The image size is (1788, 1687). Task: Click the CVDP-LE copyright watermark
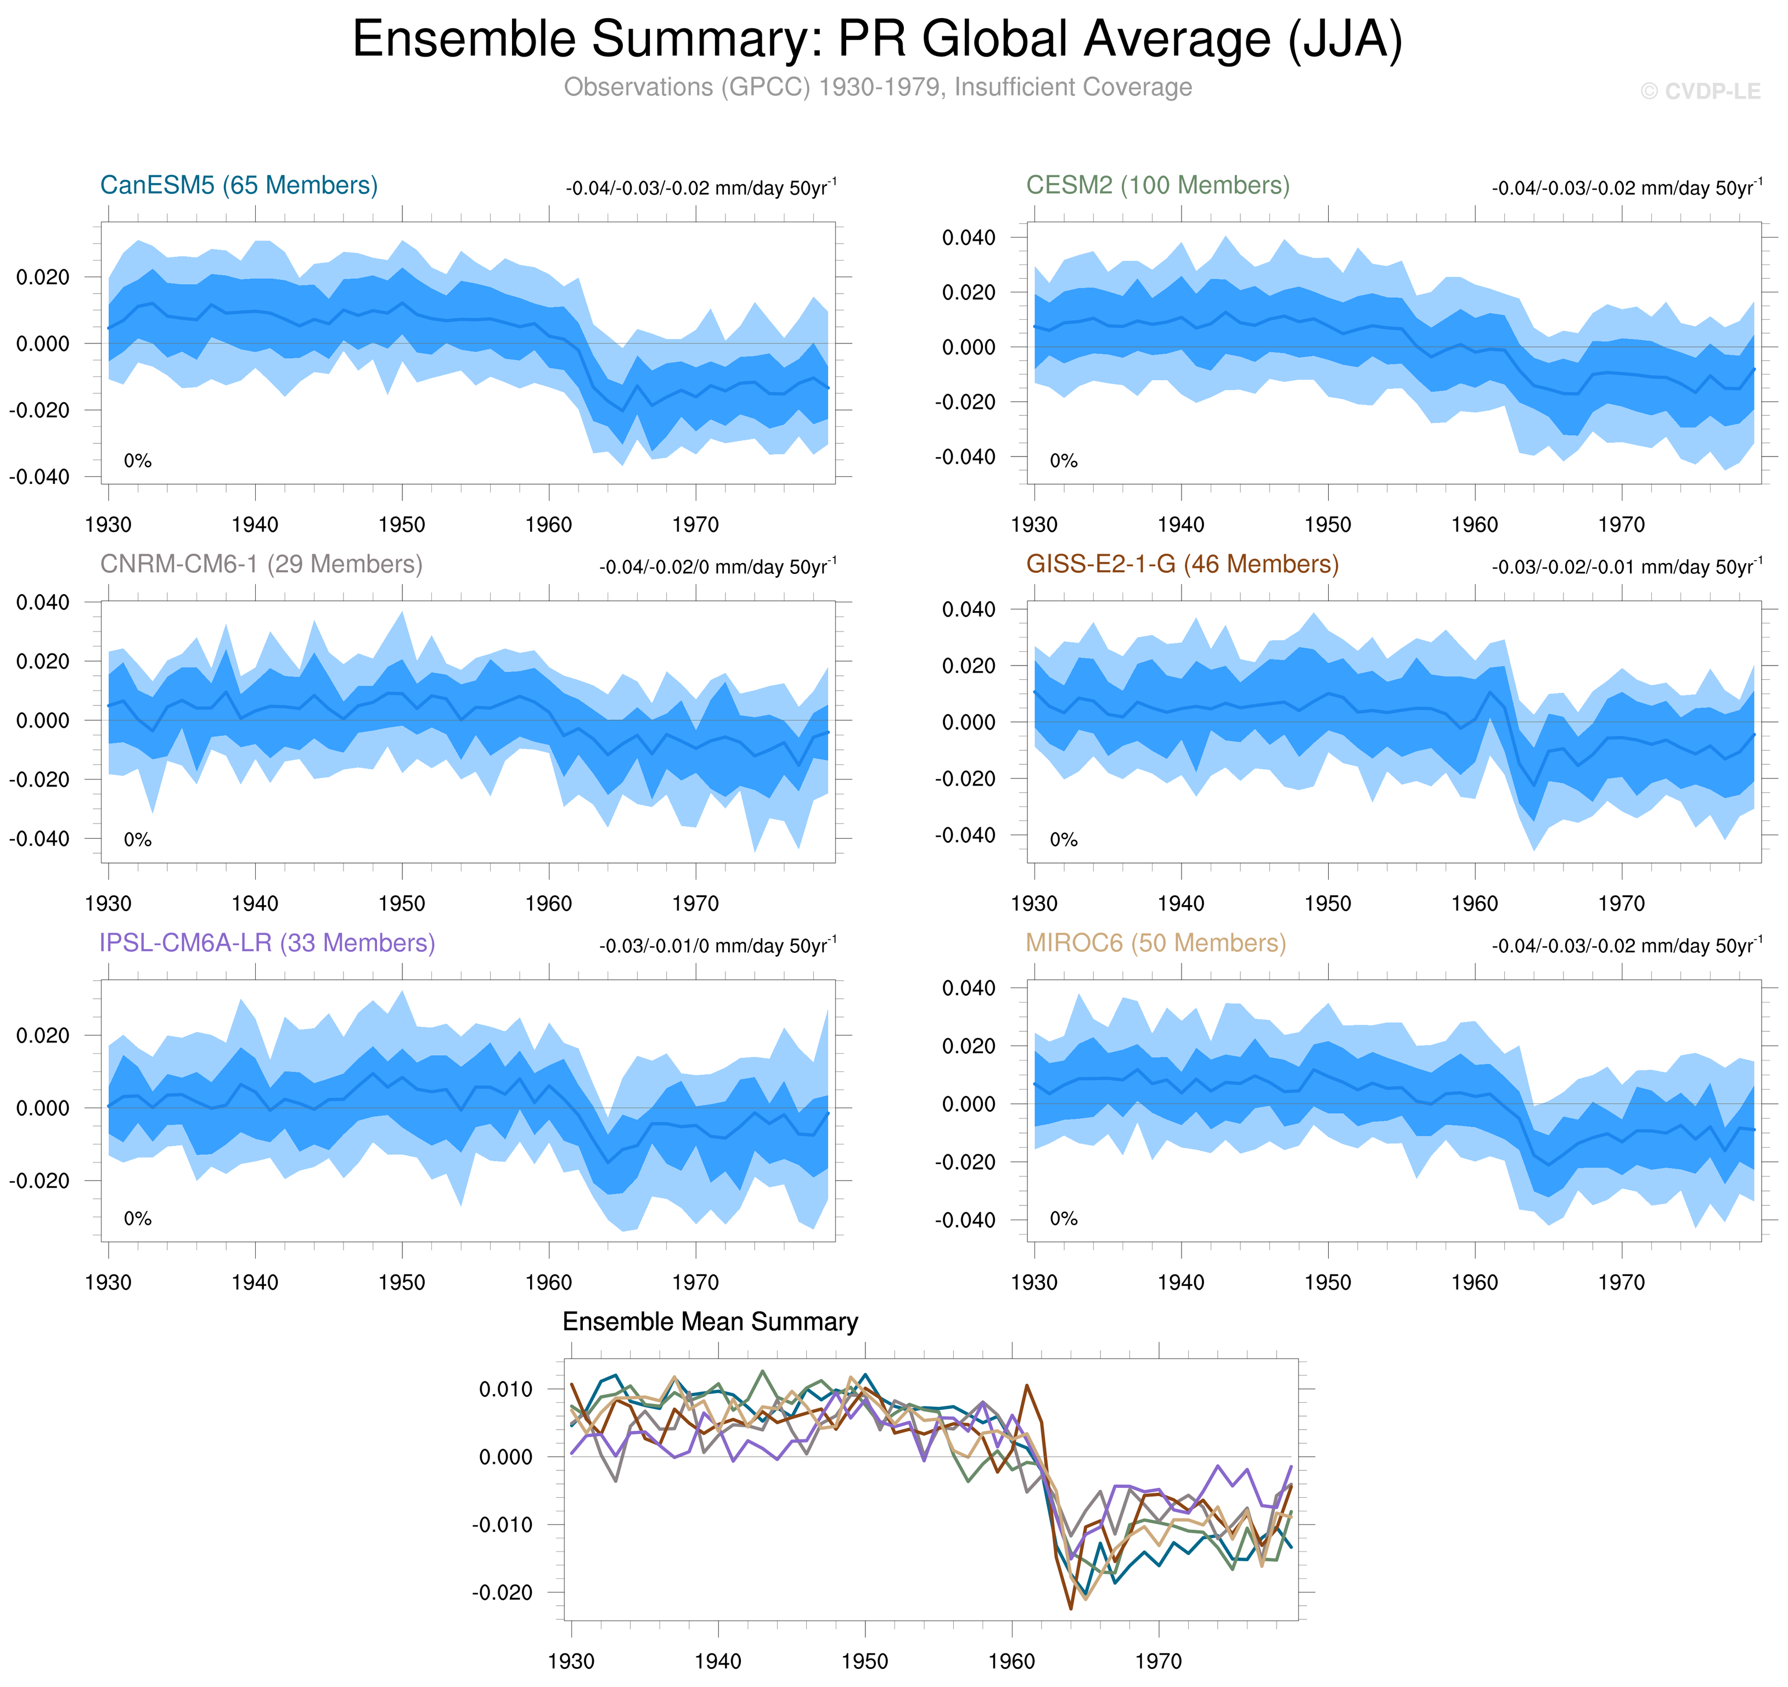tap(1699, 92)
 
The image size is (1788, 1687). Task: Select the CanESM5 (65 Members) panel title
tap(238, 185)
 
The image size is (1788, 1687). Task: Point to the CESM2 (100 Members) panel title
tap(1157, 185)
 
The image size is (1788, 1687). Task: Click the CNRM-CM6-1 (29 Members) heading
tap(261, 564)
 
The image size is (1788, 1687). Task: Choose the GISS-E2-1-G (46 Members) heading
tap(1182, 564)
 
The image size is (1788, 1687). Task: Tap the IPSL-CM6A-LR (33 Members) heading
tap(267, 943)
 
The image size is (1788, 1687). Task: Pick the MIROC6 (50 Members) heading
tap(1156, 943)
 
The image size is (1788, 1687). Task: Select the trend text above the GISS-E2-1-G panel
tap(1626, 567)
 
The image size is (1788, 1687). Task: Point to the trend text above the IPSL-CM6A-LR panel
tap(718, 945)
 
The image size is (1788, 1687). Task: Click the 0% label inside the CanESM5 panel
tap(138, 461)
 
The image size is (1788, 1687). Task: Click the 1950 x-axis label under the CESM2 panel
tap(1328, 525)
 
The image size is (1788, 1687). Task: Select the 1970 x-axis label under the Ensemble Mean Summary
tap(1159, 1660)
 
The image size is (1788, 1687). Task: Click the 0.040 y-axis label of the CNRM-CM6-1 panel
tap(42, 602)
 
